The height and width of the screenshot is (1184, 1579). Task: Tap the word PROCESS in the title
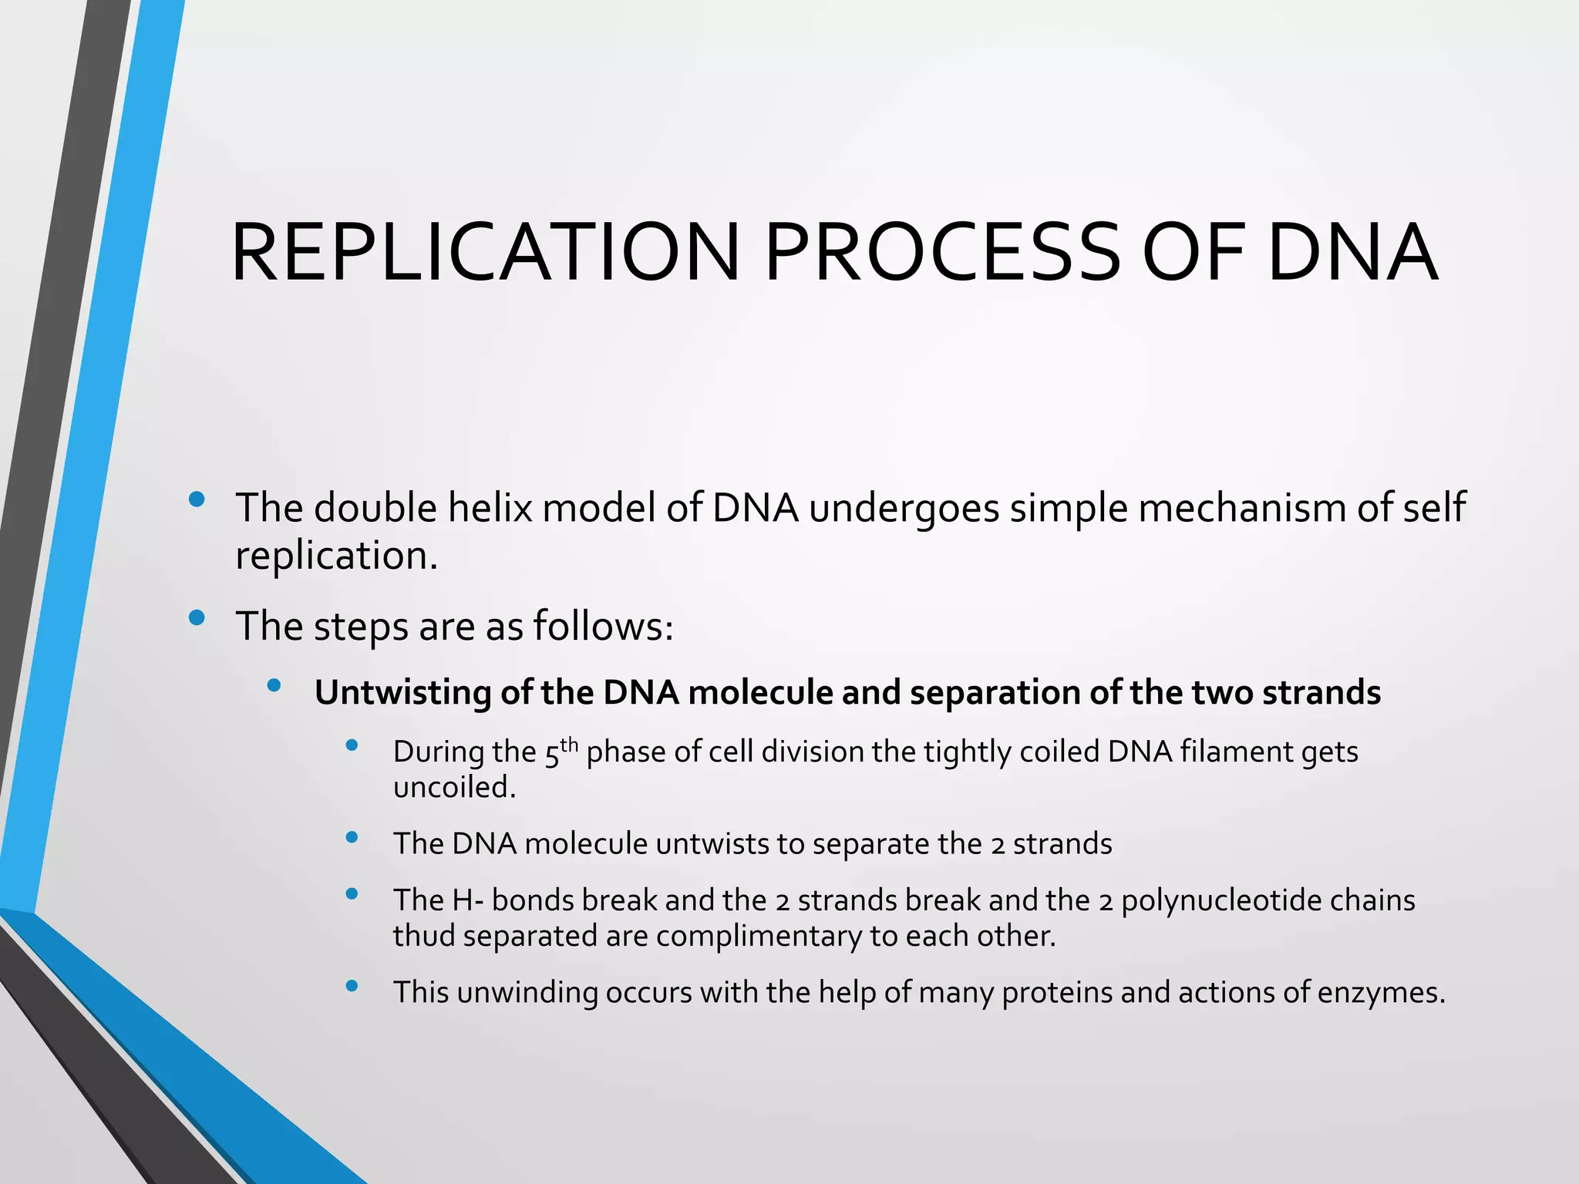[x=942, y=253]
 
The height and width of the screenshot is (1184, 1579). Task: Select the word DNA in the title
[x=1352, y=253]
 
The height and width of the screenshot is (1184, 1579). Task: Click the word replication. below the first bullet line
[x=336, y=557]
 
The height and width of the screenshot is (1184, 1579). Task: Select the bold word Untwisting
[x=403, y=692]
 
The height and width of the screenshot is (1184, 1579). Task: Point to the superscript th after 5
[x=569, y=744]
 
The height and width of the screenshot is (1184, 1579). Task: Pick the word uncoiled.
[x=454, y=788]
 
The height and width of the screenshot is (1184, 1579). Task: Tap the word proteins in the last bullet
[x=1057, y=993]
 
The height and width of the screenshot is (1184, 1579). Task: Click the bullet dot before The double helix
[x=197, y=499]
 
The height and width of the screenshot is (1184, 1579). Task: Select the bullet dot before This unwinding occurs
[x=352, y=985]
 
